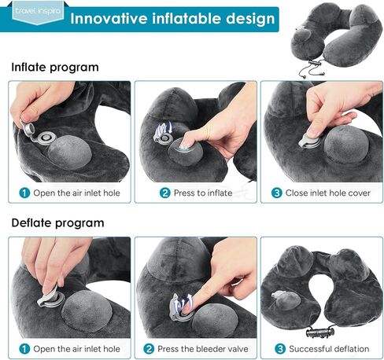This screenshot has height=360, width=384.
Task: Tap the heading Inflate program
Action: [54, 67]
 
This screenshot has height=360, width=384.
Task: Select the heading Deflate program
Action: [57, 222]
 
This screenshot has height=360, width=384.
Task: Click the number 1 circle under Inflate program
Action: [24, 193]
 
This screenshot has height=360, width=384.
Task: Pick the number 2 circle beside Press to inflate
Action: [165, 193]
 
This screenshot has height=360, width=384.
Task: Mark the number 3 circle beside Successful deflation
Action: [279, 348]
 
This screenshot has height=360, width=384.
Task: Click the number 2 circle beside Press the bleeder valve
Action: [150, 348]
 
